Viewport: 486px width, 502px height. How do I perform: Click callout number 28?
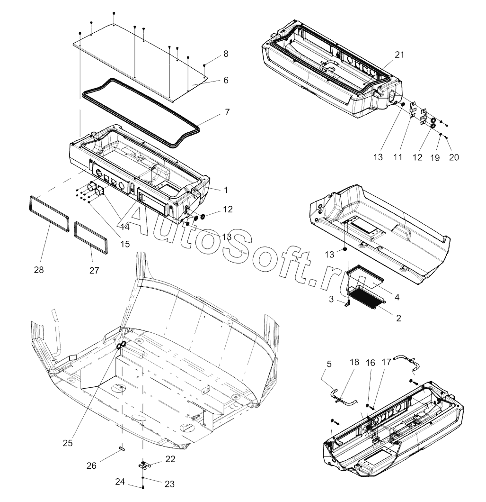pyautogui.click(x=39, y=270)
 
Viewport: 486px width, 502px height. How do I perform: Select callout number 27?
pyautogui.click(x=94, y=271)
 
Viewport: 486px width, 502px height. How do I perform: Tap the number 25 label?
pyautogui.click(x=68, y=443)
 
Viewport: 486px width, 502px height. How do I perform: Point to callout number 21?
pyautogui.click(x=399, y=55)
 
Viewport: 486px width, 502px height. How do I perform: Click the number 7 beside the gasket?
pyautogui.click(x=227, y=112)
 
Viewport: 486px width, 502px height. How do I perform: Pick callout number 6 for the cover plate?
pyautogui.click(x=226, y=80)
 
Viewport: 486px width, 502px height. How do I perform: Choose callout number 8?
pyautogui.click(x=226, y=54)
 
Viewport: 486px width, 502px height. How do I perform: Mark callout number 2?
pyautogui.click(x=398, y=318)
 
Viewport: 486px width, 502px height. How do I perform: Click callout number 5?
pyautogui.click(x=329, y=364)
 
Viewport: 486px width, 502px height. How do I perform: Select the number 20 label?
pyautogui.click(x=454, y=157)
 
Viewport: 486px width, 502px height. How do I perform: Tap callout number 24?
pyautogui.click(x=120, y=482)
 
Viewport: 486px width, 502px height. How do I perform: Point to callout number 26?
pyautogui.click(x=91, y=465)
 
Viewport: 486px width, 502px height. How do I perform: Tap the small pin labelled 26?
pyautogui.click(x=122, y=448)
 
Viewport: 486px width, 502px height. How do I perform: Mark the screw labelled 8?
pyautogui.click(x=204, y=65)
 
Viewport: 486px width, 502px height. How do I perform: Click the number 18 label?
pyautogui.click(x=354, y=362)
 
